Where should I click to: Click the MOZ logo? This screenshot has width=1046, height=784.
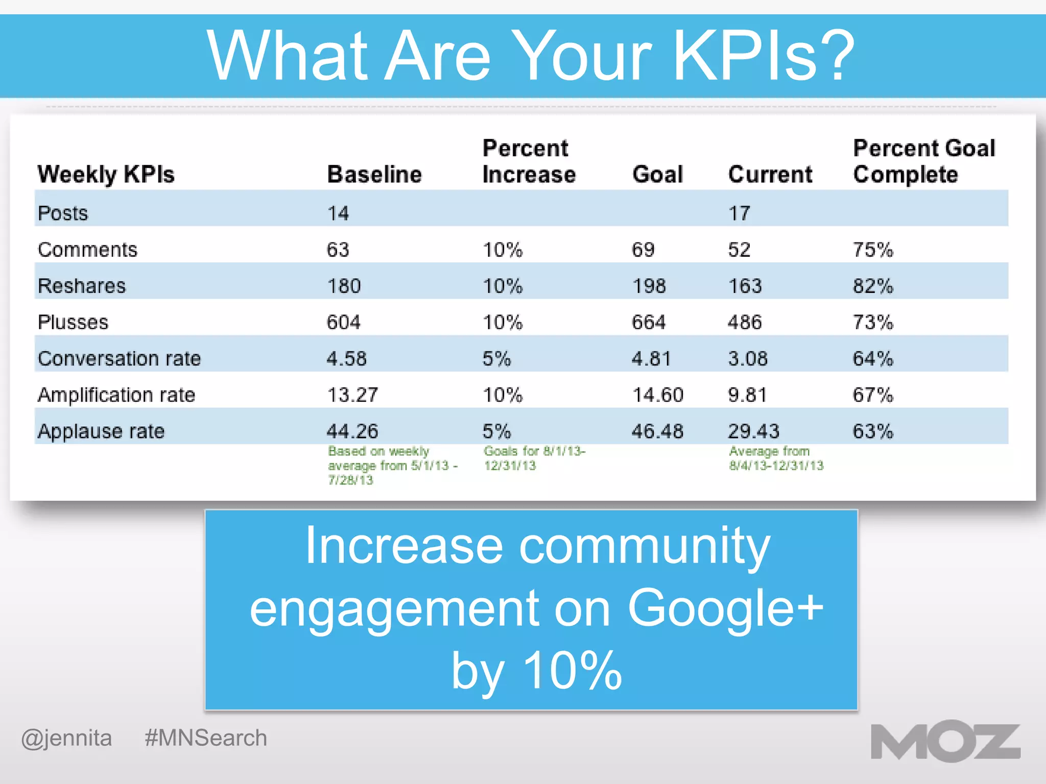coord(945,742)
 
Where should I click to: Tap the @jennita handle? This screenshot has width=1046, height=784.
coord(66,739)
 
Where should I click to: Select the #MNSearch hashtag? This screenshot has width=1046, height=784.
coord(206,738)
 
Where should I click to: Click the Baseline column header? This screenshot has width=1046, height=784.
coord(374,175)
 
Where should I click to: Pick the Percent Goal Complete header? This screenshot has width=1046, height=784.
coord(924,161)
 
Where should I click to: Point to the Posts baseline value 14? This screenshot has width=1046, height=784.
coord(338,213)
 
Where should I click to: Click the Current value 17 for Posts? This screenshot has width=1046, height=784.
coord(739,213)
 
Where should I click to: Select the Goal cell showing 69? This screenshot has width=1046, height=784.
coord(643,250)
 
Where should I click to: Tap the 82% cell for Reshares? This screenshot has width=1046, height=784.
coord(873,286)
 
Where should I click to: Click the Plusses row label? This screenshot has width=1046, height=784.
coord(73,322)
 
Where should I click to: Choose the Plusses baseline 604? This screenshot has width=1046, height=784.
coord(343,322)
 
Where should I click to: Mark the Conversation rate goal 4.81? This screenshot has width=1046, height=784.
coord(651,358)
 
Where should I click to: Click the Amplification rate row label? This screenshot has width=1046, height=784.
coord(116,395)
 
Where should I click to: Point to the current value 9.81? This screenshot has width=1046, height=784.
coord(747,395)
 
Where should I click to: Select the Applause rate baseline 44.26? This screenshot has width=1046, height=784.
coord(352,431)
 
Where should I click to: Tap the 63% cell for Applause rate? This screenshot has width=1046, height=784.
coord(873,431)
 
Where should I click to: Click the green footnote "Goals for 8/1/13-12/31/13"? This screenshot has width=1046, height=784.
coord(534,458)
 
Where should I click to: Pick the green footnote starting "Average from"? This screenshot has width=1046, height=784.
coord(776,458)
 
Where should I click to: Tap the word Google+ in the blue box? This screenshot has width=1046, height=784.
coord(725,608)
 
